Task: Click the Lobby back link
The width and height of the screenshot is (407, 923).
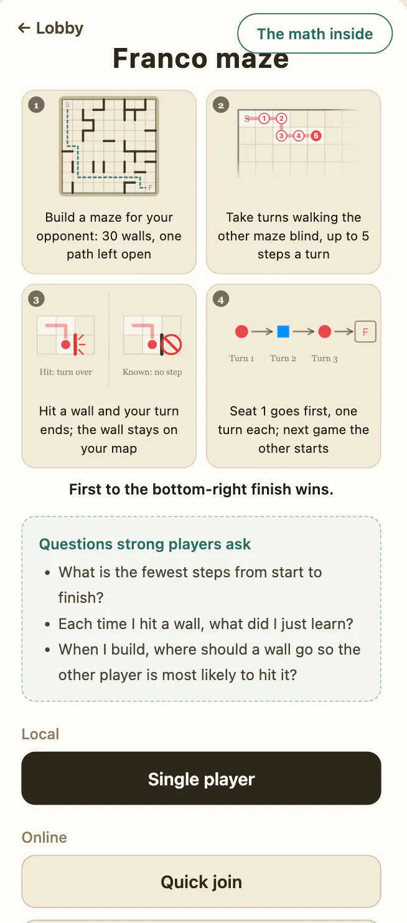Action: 50,28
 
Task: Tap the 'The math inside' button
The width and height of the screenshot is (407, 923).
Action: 315,34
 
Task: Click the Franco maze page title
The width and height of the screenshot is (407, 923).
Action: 201,58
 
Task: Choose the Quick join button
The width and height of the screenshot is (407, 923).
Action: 201,881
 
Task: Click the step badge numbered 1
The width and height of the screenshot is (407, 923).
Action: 36,105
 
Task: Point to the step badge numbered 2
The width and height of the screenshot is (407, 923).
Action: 221,105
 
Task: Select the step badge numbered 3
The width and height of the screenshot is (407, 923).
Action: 36,300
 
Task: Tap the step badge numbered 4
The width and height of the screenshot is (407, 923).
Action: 221,300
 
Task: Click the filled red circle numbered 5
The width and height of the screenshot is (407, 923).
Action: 316,136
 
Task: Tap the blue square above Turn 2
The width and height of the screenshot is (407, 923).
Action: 283,331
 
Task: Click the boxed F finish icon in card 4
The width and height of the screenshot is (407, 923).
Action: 365,332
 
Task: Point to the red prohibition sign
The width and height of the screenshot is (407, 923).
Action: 171,344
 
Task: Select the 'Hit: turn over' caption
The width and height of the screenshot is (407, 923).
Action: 66,372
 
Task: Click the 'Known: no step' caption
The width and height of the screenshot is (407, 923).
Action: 152,372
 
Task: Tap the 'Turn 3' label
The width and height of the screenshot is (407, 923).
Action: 324,359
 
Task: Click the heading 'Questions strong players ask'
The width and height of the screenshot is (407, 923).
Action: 145,544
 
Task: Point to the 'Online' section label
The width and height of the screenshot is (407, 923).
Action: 44,837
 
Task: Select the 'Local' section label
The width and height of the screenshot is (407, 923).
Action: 40,734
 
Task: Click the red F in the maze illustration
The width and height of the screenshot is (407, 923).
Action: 150,187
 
